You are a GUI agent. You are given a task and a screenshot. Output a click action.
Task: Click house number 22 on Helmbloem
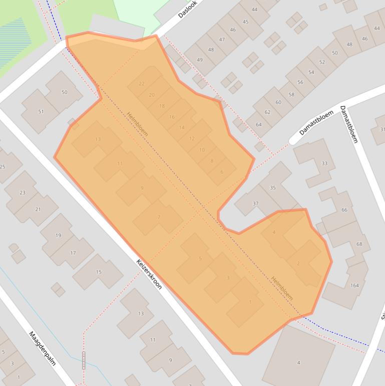click(x=142, y=84)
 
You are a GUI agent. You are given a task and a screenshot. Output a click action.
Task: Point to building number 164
click(x=354, y=286)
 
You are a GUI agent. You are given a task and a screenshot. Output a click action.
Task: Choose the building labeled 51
click(x=41, y=112)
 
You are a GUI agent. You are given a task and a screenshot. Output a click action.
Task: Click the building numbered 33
click(x=324, y=163)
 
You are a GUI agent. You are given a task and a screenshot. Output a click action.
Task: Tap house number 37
click(x=255, y=204)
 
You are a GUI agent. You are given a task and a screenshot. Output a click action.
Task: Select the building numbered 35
click(x=273, y=188)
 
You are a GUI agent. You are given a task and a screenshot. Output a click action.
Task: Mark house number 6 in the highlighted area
click(x=222, y=172)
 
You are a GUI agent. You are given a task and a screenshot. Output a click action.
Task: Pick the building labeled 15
click(x=99, y=272)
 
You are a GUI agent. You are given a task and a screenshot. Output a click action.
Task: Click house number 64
click(x=259, y=125)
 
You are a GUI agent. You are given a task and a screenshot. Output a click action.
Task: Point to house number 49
click(x=200, y=60)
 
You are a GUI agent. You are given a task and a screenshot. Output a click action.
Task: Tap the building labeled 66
click(x=344, y=210)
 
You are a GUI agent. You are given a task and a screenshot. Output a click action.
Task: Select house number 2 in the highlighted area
click(x=298, y=263)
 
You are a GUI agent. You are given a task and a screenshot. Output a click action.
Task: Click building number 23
click(x=23, y=192)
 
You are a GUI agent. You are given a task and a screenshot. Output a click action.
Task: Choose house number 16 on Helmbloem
click(x=172, y=117)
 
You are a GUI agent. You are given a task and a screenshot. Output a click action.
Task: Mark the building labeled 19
click(x=59, y=235)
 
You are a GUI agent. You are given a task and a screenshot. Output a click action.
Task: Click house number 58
click(x=291, y=94)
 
